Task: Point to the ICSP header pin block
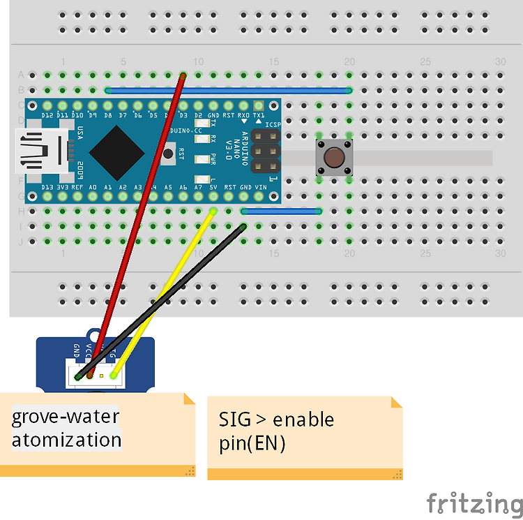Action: click(x=266, y=150)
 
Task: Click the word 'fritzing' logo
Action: click(x=474, y=502)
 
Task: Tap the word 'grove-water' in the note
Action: click(x=65, y=417)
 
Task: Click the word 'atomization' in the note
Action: click(x=66, y=440)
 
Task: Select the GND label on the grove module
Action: click(x=76, y=350)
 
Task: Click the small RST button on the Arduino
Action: click(x=168, y=151)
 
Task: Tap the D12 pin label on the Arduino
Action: click(x=47, y=114)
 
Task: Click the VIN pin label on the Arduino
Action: click(x=261, y=187)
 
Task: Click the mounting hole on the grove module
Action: click(x=94, y=334)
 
